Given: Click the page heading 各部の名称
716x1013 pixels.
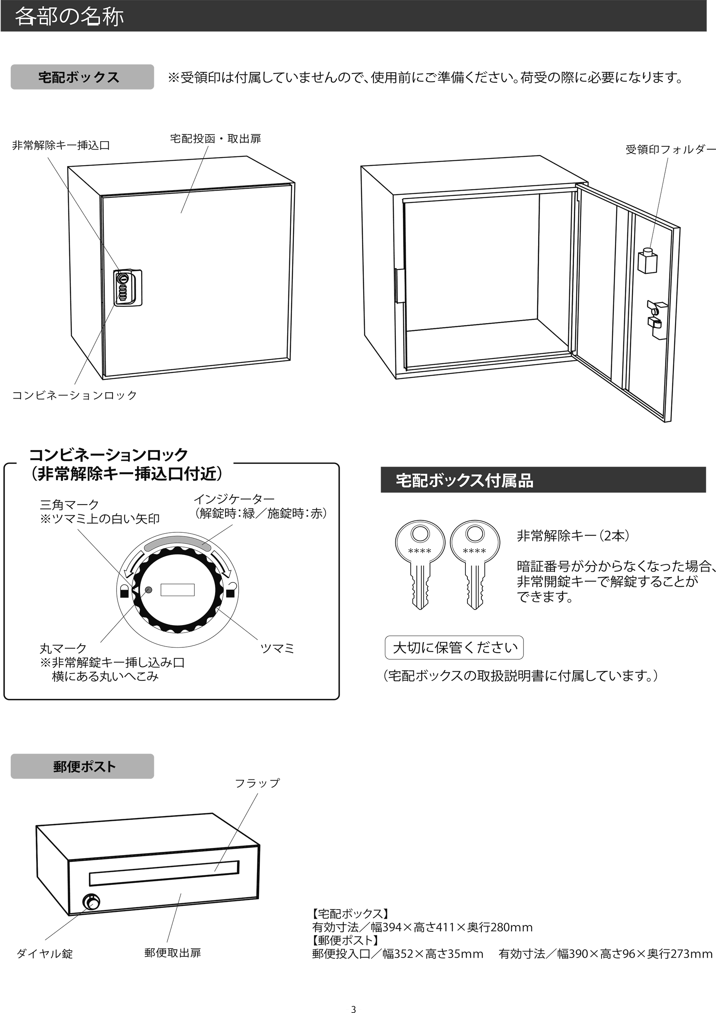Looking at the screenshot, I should (69, 17).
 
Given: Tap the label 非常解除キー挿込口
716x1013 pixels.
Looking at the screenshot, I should (61, 145).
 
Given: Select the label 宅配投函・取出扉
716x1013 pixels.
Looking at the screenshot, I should (215, 138).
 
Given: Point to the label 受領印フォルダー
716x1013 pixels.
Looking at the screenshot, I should (670, 150).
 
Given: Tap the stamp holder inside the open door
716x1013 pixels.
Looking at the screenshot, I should (647, 261).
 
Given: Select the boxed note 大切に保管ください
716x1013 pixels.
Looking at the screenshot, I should (454, 647).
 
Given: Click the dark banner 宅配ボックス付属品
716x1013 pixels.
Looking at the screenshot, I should (543, 480).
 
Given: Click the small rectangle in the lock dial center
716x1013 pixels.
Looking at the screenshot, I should (177, 590).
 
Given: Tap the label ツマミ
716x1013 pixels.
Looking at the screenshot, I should (277, 648).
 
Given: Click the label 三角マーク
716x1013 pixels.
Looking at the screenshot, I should (69, 504).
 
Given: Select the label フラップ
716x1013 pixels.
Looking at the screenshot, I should (257, 783).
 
